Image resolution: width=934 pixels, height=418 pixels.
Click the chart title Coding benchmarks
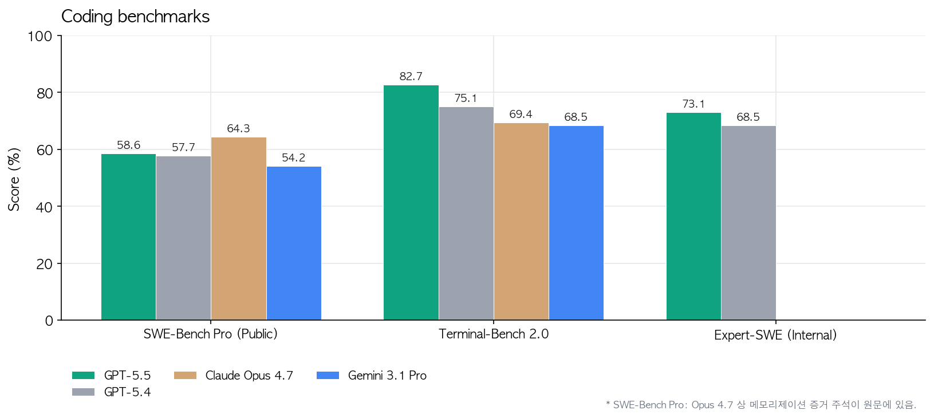click(x=135, y=17)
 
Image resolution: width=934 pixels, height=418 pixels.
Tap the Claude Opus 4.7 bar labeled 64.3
click(x=238, y=228)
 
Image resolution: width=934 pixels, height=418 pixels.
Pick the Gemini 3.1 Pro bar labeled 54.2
click(x=294, y=243)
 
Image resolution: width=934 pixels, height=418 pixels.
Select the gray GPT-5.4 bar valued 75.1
click(x=466, y=213)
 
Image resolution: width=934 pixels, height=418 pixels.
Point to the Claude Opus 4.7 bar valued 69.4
click(x=521, y=221)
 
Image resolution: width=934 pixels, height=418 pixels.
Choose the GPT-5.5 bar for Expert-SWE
click(x=693, y=216)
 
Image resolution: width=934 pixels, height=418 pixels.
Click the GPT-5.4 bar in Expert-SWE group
click(x=748, y=223)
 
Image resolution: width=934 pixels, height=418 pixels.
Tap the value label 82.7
click(x=411, y=76)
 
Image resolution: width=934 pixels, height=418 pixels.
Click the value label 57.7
click(x=183, y=147)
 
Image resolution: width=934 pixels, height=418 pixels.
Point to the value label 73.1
click(x=693, y=104)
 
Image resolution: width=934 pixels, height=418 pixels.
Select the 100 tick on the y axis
click(x=40, y=36)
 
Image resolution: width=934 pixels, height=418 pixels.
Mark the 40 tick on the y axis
click(x=44, y=207)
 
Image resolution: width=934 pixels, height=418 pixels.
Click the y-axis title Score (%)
click(x=14, y=179)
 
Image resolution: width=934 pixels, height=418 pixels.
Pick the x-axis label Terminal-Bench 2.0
click(x=493, y=334)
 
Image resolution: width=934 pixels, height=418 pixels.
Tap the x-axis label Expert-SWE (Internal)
click(x=775, y=335)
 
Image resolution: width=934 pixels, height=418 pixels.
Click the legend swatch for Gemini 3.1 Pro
click(x=328, y=376)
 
